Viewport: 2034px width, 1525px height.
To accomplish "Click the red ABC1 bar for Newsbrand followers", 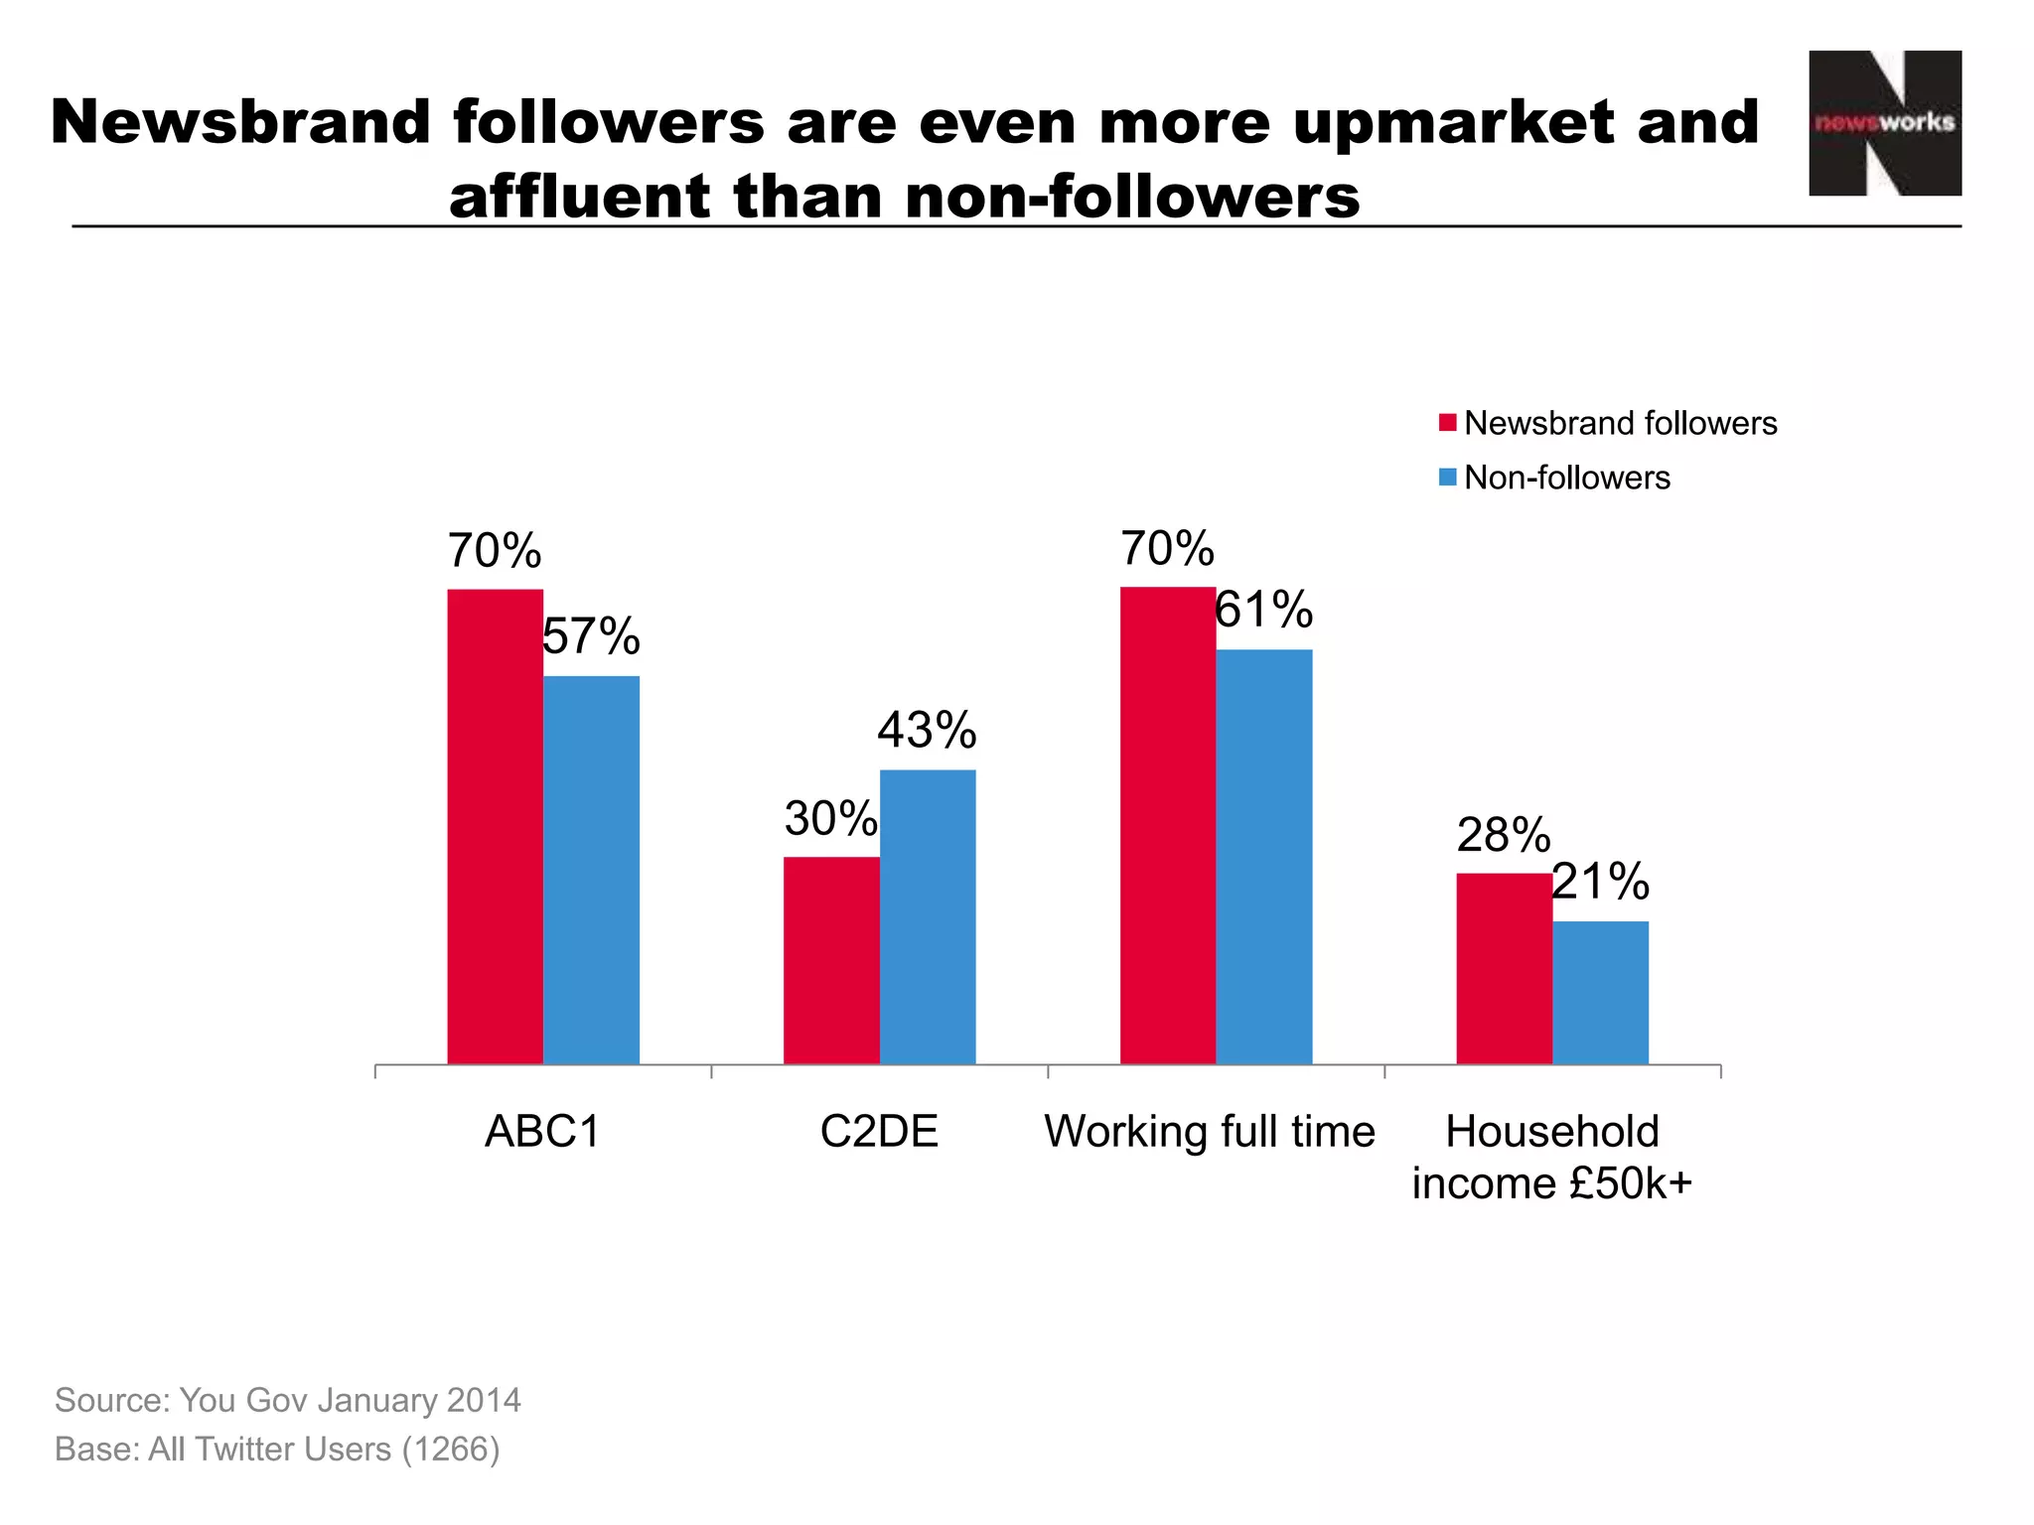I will point(495,826).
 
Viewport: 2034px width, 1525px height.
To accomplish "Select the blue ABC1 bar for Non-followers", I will point(591,870).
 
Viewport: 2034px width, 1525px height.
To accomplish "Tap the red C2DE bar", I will point(831,960).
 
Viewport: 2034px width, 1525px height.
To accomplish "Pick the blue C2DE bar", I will point(928,916).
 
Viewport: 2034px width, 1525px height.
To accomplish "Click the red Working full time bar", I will point(1168,825).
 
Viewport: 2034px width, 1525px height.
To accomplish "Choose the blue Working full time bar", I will point(1264,857).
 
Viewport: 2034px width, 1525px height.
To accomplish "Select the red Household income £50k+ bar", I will point(1504,968).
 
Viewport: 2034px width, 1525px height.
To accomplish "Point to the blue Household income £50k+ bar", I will point(1600,992).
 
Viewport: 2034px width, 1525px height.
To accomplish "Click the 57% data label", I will point(591,636).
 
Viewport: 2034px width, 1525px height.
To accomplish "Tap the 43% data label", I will point(927,730).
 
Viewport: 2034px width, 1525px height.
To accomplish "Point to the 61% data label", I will point(1263,610).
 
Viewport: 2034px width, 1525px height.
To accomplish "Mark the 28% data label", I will point(1503,835).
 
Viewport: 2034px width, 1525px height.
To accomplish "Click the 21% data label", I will point(1600,882).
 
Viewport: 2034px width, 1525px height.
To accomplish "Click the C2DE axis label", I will point(879,1132).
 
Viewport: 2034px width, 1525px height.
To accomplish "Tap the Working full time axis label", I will point(1210,1132).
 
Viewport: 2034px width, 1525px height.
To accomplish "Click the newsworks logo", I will point(1884,123).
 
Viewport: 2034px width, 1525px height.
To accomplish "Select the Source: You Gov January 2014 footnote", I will point(288,1400).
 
